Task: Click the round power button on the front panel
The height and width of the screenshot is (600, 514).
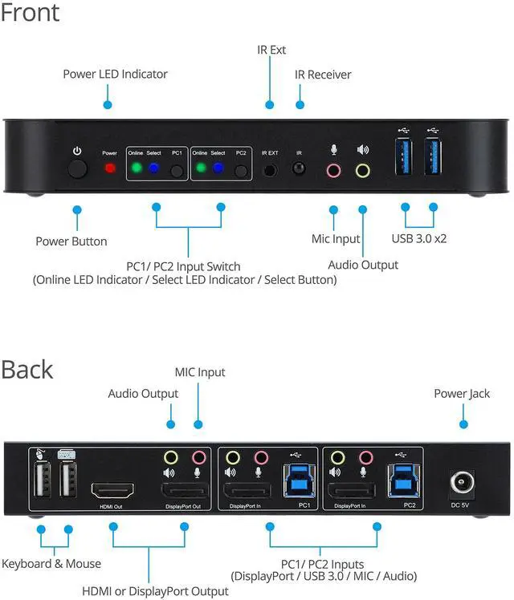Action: [x=78, y=170]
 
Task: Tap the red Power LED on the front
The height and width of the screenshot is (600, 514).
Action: [x=110, y=169]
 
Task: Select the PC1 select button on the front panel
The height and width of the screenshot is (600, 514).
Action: [x=177, y=170]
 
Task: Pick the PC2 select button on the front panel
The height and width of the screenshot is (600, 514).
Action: [x=240, y=170]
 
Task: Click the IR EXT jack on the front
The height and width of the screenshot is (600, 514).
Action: [x=271, y=169]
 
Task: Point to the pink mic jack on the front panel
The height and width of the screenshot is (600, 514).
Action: [x=333, y=170]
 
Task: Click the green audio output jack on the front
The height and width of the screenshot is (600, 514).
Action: [x=363, y=170]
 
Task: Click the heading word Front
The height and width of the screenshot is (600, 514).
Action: [x=31, y=14]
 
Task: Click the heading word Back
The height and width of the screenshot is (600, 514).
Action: [x=27, y=370]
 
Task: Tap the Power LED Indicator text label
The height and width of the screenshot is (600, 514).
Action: [x=115, y=75]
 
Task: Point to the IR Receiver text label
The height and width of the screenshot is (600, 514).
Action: [x=323, y=75]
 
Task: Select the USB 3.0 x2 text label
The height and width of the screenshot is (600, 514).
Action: [x=419, y=238]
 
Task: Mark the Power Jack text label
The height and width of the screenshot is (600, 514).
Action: [x=462, y=394]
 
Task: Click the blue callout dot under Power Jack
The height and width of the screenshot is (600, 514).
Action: [x=463, y=424]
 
